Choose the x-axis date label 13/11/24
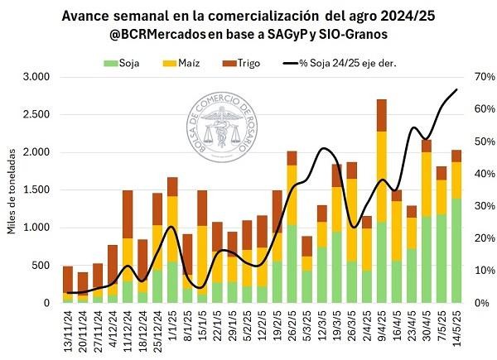click(x=68, y=329)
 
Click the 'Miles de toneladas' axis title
click(x=12, y=190)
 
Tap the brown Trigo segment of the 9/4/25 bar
click(x=382, y=115)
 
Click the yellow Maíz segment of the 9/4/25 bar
click(x=382, y=176)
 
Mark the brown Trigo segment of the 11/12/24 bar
click(x=128, y=214)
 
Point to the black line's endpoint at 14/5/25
click(x=456, y=89)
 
